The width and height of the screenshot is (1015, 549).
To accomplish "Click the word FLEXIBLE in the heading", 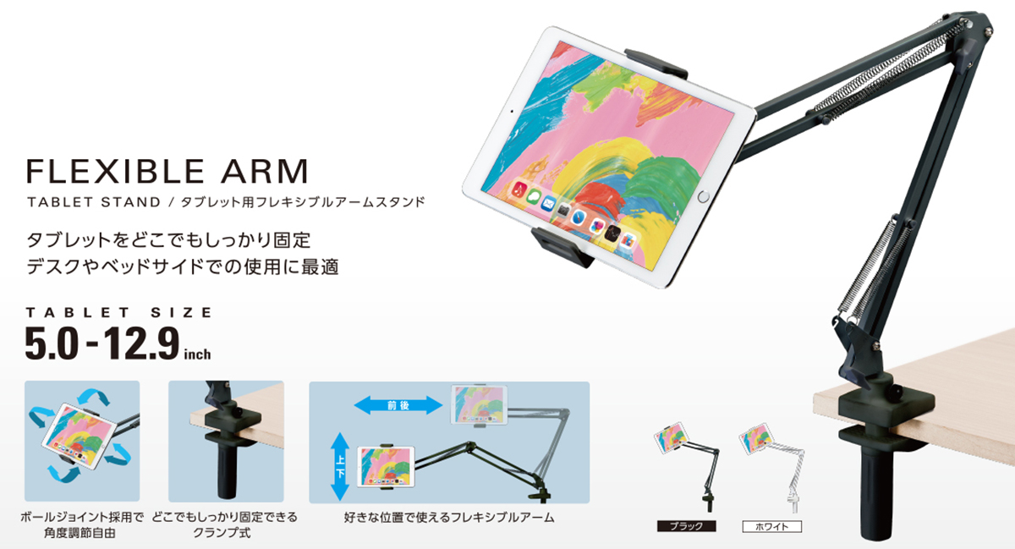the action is tap(116, 171).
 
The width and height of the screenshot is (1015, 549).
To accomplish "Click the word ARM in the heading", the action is tap(265, 171).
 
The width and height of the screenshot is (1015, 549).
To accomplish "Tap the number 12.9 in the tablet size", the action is tap(141, 343).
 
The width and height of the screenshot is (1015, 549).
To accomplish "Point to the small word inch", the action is tap(198, 354).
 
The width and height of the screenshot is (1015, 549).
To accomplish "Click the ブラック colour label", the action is tap(687, 526).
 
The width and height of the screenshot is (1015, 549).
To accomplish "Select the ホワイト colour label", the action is tap(771, 526).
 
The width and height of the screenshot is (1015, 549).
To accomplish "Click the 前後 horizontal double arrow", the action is tap(398, 405).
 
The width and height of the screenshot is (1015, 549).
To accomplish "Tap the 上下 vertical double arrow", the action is tap(340, 466).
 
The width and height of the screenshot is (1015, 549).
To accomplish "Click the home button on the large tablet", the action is tap(703, 197).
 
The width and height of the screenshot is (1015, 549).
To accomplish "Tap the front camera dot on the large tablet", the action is tap(512, 111).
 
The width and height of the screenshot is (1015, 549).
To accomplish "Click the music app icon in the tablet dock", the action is tap(519, 189).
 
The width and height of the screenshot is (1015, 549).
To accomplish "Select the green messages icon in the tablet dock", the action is tap(535, 196).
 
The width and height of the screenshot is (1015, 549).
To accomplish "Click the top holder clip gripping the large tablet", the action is tap(656, 63).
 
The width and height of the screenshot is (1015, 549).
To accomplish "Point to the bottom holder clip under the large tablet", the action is tap(562, 248).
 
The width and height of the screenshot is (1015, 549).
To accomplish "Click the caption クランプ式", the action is tap(222, 533).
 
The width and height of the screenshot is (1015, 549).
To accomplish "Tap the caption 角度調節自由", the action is tap(80, 533).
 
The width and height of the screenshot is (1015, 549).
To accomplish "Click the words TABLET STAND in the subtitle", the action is tap(94, 202).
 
